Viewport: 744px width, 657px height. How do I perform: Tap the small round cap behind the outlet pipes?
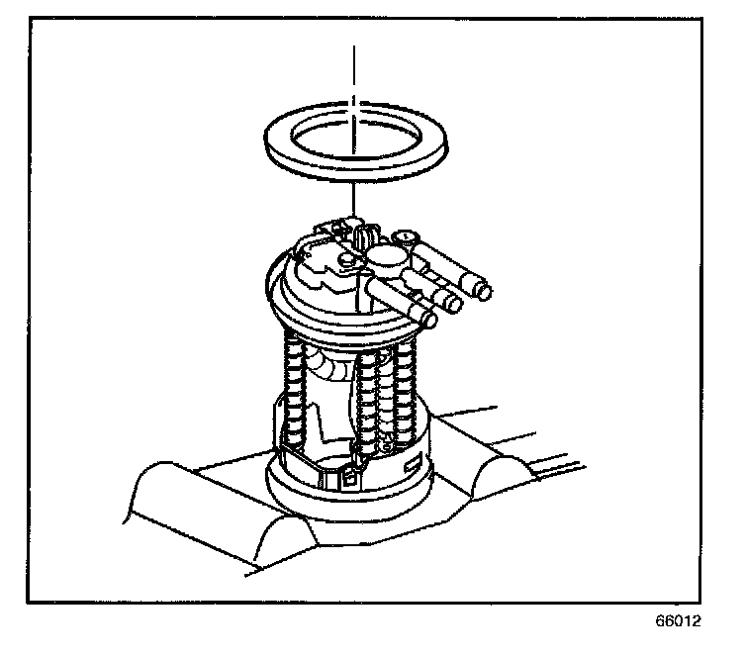point(406,237)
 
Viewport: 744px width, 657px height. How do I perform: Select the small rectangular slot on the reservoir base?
point(411,462)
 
